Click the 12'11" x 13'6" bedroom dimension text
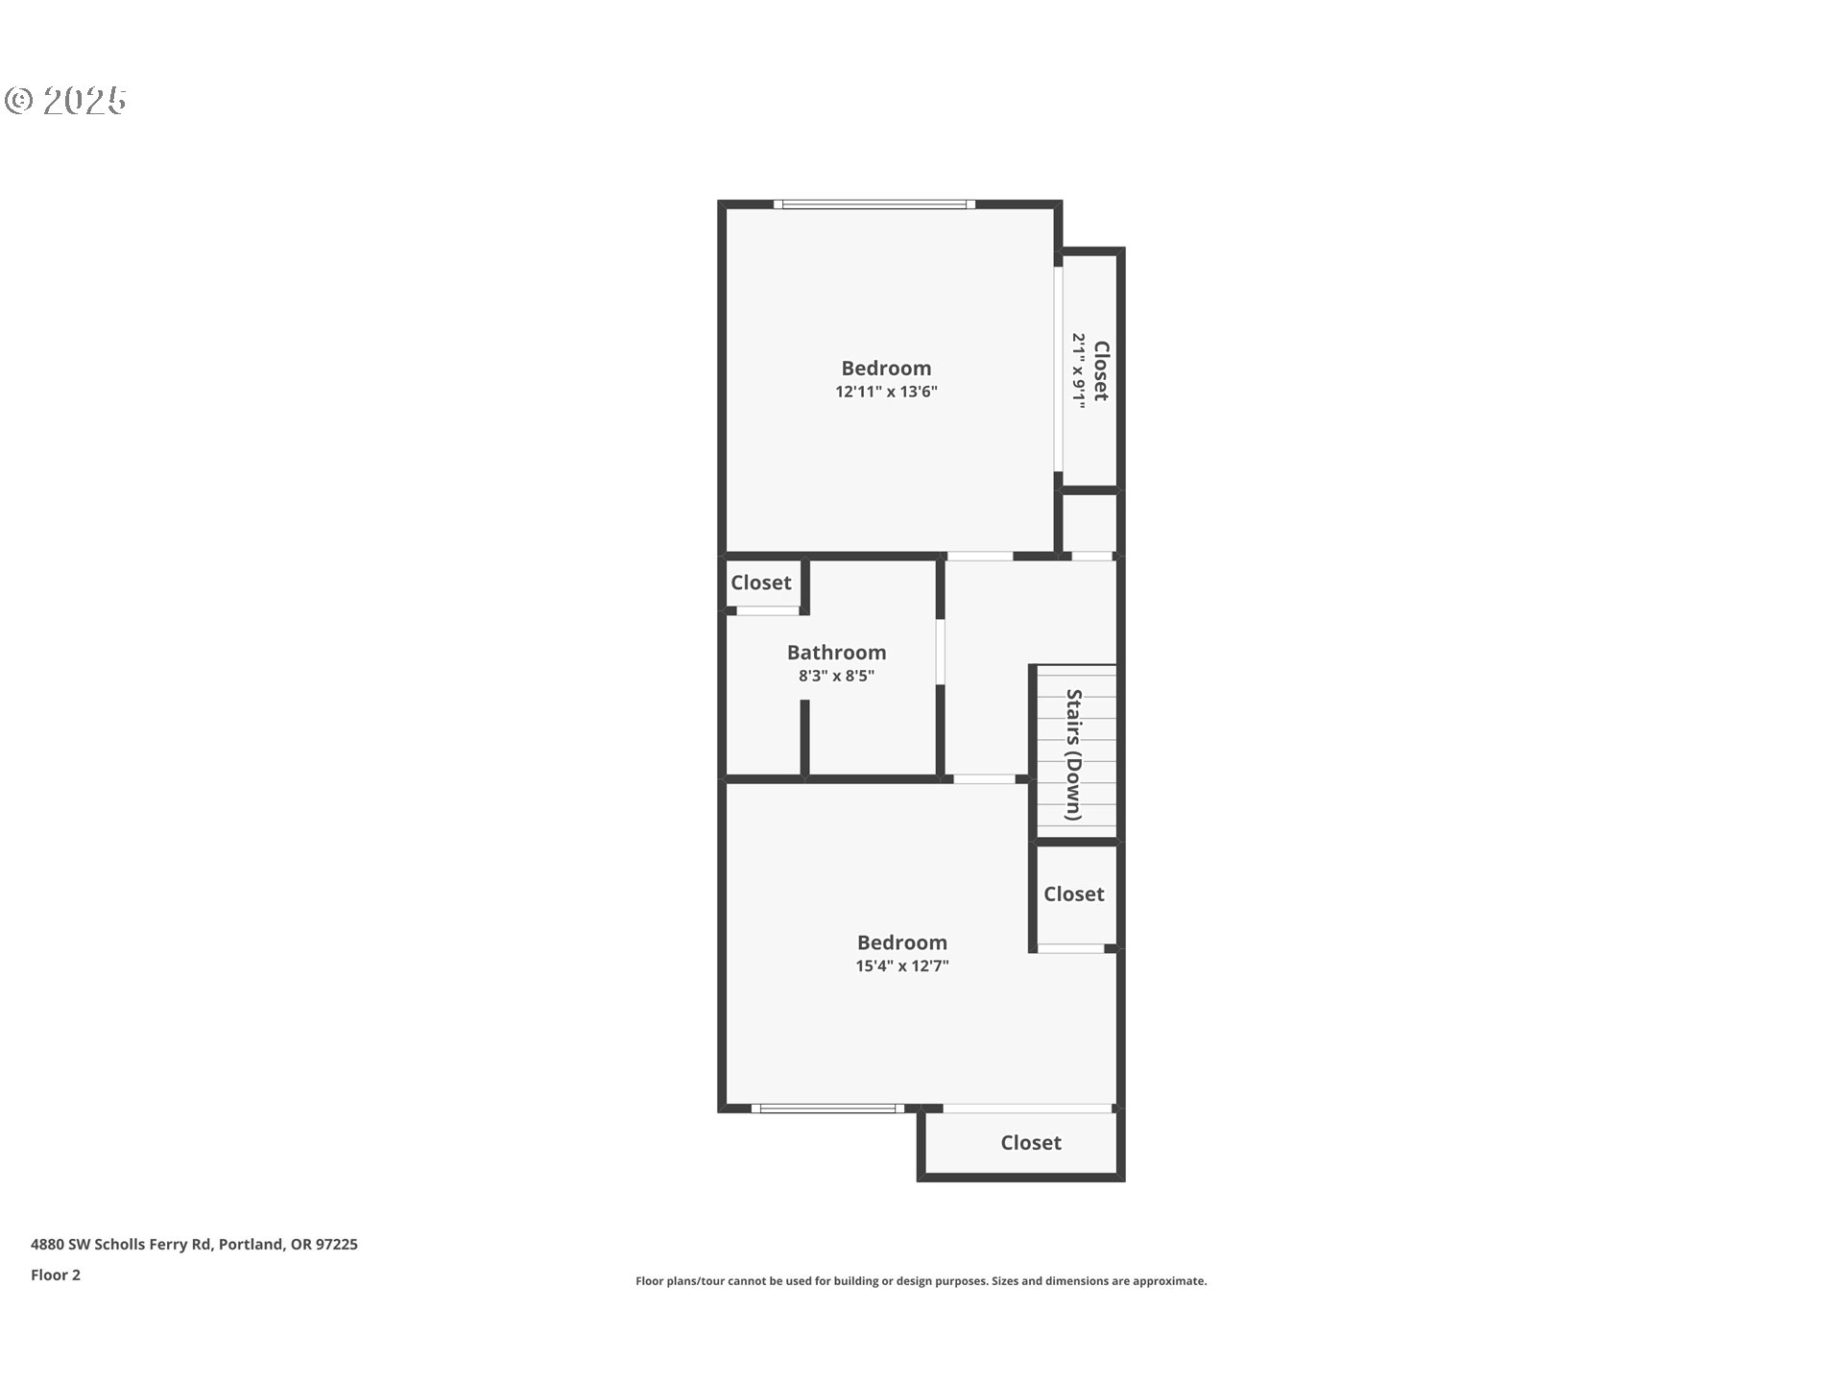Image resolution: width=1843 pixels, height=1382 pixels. point(886,392)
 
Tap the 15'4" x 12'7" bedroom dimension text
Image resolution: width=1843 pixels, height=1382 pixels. point(902,965)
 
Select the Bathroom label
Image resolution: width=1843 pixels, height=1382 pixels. point(836,653)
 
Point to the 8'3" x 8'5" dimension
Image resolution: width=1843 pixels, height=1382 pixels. point(836,676)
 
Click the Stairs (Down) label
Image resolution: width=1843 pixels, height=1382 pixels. point(1074,754)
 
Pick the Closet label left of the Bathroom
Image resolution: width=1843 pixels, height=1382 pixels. point(761,583)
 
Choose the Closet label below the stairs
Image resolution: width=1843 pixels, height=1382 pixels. point(1073,894)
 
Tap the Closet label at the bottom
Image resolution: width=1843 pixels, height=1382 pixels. point(1031,1142)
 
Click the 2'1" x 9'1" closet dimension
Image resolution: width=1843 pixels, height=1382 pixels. point(1079,371)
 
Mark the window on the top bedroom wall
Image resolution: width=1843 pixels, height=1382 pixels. point(874,203)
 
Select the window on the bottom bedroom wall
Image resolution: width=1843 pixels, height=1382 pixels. point(827,1108)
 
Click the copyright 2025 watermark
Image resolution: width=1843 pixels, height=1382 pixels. point(66,101)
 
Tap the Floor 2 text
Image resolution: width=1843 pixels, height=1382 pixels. point(56,1275)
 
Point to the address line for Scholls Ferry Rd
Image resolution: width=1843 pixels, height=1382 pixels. point(194,1245)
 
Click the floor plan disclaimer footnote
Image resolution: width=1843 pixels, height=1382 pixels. point(921,1281)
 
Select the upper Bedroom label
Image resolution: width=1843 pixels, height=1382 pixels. point(886,369)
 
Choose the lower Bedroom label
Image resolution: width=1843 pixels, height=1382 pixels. point(902,942)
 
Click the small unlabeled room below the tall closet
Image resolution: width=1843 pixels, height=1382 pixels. point(1089,522)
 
